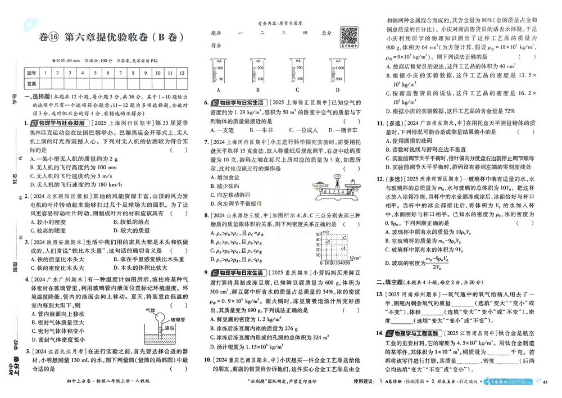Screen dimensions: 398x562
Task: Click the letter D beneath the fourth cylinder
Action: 337,90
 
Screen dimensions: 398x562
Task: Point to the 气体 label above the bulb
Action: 151,310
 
